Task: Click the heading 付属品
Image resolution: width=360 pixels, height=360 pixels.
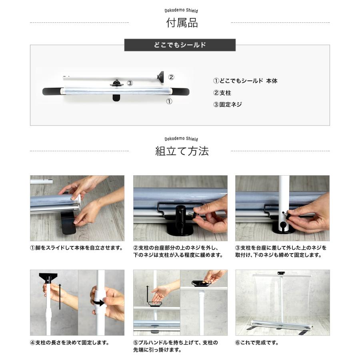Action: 182,23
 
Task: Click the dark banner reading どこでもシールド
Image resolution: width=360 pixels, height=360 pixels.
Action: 180,45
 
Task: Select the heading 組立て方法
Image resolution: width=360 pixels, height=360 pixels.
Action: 182,151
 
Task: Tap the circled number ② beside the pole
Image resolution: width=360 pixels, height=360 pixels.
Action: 171,77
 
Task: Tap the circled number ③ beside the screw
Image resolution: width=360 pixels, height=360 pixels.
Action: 130,83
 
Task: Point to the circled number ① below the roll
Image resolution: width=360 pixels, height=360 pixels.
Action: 169,101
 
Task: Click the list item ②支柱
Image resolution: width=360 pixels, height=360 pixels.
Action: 222,93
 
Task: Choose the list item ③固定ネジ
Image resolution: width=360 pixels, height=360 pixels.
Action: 228,104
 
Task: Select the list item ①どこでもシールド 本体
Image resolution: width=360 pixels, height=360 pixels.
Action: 245,81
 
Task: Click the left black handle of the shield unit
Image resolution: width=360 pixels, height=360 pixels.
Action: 51,91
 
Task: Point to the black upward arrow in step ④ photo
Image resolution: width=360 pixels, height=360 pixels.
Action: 60,296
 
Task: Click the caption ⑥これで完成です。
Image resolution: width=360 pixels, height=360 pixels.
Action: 256,343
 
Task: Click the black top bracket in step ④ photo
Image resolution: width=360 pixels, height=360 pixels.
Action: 48,276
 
